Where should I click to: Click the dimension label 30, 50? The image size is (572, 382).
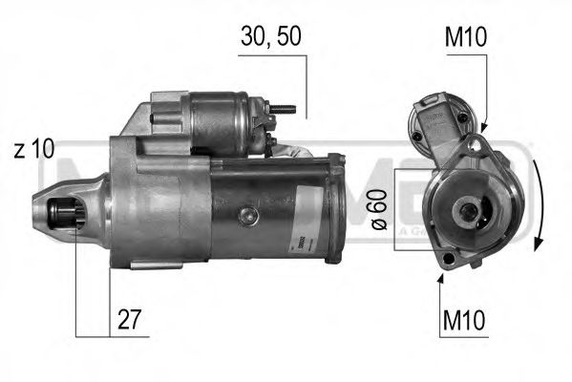pos(270,37)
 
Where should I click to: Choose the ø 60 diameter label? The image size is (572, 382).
pos(377,208)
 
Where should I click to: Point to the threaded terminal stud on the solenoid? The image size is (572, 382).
pos(282,110)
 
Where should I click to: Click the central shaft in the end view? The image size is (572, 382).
pos(469,212)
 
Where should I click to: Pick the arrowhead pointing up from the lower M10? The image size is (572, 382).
pos(441,277)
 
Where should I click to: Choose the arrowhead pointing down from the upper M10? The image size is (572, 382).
pos(484,127)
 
